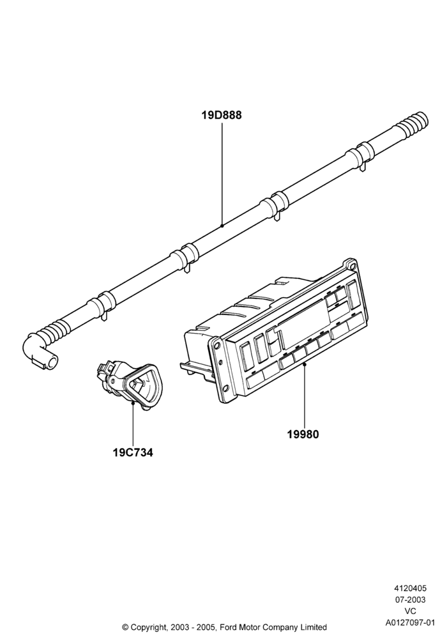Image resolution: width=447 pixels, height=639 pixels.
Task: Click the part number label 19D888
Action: pos(222,115)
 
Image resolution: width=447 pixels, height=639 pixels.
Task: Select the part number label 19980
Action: pos(303,435)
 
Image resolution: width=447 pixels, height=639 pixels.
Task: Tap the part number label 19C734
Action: pos(133,452)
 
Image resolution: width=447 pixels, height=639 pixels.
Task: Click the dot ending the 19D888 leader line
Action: pos(222,225)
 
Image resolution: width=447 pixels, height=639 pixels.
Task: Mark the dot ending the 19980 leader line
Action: pos(304,365)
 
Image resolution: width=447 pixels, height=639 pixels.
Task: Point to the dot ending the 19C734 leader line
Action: pos(133,403)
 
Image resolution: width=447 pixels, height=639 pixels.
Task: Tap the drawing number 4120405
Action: pos(410,589)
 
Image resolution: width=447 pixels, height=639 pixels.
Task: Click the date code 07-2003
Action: pos(410,600)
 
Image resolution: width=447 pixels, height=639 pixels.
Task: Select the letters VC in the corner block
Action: pos(410,612)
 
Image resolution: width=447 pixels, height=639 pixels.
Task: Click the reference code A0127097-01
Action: pos(410,622)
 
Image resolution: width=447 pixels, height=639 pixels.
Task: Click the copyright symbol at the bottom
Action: pos(126,627)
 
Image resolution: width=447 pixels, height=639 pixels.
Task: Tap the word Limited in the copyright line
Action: pos(314,627)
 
